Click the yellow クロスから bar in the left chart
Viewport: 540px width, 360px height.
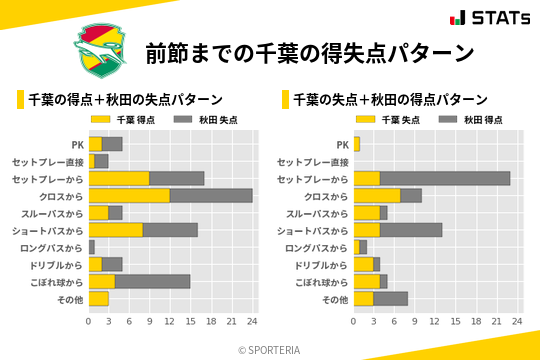point(129,196)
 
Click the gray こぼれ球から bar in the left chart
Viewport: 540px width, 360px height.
point(153,281)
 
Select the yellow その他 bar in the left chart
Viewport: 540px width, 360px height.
point(98,298)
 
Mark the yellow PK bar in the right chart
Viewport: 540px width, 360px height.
point(356,144)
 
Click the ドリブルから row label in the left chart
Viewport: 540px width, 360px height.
point(58,264)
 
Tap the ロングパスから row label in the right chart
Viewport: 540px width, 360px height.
point(317,247)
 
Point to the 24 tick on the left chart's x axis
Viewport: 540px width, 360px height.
point(252,321)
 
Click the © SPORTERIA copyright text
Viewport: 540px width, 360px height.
point(270,350)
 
